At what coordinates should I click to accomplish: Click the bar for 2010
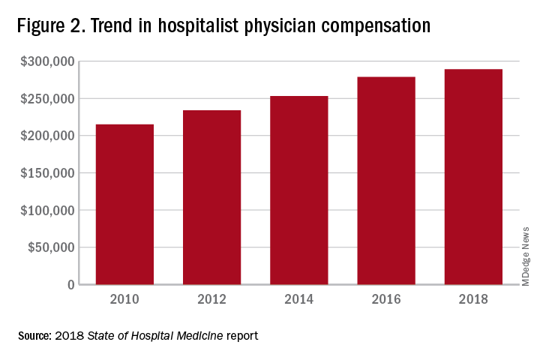124,204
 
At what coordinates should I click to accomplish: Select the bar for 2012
211,197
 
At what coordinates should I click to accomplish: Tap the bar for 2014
298,190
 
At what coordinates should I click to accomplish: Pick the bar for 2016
385,181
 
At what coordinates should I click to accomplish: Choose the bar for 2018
472,177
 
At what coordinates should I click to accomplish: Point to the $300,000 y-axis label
47,61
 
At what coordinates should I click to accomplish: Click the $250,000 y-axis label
47,99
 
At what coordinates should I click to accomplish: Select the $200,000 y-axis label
47,136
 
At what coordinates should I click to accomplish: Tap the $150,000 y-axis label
47,173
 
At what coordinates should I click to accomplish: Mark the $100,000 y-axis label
47,211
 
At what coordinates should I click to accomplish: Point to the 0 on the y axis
70,285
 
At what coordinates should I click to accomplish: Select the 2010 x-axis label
124,300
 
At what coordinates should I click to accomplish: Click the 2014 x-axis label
298,300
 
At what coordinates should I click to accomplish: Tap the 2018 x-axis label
472,300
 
